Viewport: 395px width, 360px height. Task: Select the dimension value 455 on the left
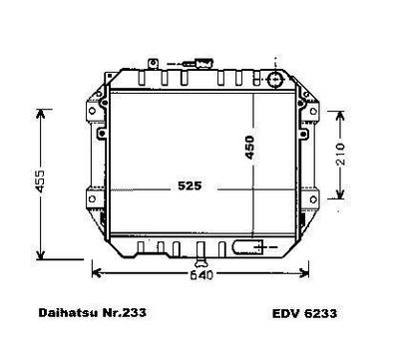41,184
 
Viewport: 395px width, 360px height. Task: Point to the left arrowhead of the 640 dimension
94,270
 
